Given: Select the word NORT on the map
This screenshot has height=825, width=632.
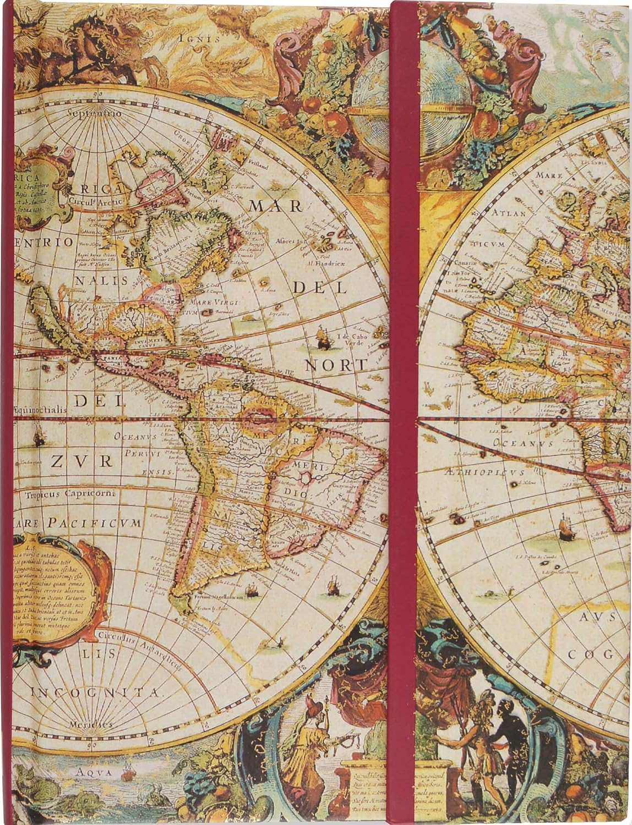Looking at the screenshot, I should point(336,365).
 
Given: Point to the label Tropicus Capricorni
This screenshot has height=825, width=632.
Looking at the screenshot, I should point(69,494).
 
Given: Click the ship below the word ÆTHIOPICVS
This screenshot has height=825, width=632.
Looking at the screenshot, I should point(566,529).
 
